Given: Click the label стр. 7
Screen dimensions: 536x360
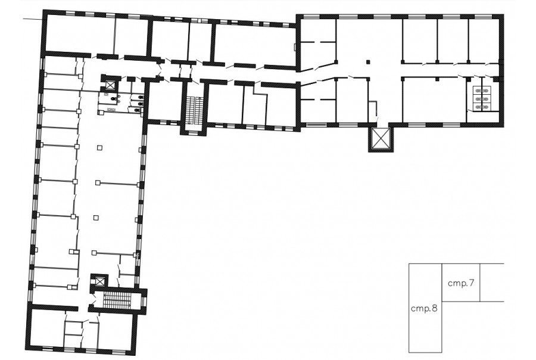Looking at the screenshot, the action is [x=461, y=284].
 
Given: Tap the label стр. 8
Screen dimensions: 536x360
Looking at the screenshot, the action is [x=424, y=309].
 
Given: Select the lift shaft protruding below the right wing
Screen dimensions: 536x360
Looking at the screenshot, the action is [x=380, y=139].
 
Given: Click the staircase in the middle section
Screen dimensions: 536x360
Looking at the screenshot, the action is [x=195, y=110].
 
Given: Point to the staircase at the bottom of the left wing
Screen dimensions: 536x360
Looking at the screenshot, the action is [x=118, y=300].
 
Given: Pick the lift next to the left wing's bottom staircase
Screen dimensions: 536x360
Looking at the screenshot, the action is [x=99, y=282].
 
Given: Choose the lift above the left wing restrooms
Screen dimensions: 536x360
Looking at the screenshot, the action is [x=110, y=84].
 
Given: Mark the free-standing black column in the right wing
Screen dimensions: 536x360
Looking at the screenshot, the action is [x=368, y=62].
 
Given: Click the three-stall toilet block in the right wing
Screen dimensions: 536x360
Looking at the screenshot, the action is [x=482, y=99].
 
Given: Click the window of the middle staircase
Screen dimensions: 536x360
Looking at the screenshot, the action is [x=194, y=132].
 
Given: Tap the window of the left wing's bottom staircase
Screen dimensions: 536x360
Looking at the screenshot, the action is [x=144, y=302].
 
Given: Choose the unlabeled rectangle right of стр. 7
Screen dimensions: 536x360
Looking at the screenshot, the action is [x=493, y=283].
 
